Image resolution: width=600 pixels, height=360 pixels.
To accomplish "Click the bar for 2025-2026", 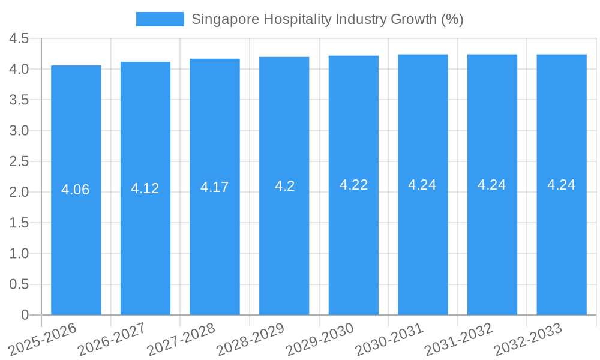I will [76, 240].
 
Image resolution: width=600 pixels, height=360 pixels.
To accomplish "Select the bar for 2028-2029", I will [284, 240].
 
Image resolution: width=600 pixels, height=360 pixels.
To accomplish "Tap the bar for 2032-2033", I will [562, 240].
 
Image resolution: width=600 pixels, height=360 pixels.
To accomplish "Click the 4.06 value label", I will [76, 190].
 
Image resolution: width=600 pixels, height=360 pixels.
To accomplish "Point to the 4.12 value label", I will [145, 188].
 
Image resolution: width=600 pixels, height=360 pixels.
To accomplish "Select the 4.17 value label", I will [215, 187].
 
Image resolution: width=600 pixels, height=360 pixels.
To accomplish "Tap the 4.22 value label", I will [353, 185].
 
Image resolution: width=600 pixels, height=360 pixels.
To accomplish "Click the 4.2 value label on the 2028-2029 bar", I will [284, 186].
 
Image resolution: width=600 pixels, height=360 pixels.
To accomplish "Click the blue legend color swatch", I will [160, 19].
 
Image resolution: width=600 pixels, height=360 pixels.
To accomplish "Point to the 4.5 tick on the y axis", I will [19, 38].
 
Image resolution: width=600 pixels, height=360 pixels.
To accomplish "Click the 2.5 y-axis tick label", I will [19, 161].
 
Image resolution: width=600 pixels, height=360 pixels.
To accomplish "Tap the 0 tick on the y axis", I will [25, 315].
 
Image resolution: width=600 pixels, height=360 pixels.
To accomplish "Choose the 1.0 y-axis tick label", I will [19, 254].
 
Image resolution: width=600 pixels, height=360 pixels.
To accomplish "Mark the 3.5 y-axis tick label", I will [19, 100].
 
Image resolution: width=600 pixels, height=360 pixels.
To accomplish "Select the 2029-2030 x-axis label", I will [320, 340].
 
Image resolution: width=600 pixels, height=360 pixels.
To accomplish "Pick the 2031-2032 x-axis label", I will [459, 340].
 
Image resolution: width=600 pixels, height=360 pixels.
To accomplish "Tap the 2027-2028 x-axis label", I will [182, 340].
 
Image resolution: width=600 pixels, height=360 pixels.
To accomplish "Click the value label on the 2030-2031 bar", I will [422, 185].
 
